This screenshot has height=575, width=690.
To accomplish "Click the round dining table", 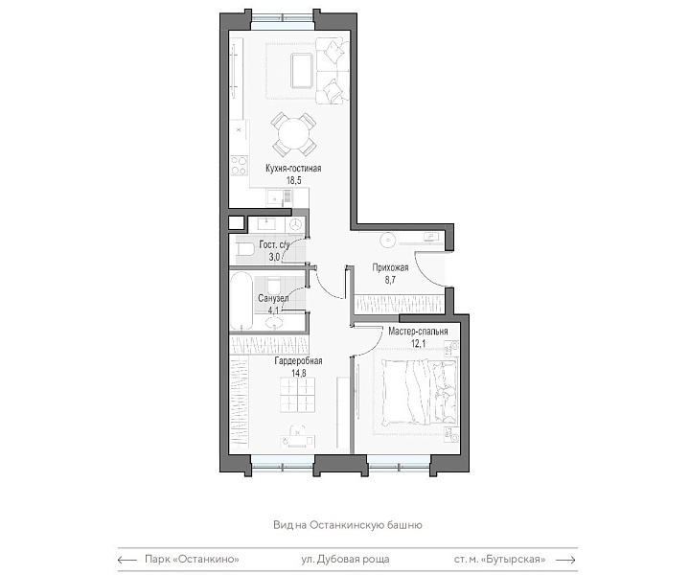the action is tap(293, 134).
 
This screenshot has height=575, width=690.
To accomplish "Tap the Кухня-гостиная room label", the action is tap(293, 168).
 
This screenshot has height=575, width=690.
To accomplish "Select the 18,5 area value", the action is tap(293, 180).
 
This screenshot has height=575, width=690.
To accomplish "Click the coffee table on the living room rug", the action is tap(302, 70).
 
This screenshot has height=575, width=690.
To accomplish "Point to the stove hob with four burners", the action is tap(239, 166).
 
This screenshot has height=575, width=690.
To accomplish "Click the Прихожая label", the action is tap(390, 267).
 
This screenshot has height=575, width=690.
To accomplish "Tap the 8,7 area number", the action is tap(390, 280).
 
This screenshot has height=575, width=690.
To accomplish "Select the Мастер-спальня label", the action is tap(418, 331).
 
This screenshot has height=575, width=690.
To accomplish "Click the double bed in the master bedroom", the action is tap(420, 392).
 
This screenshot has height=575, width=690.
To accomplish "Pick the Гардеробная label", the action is tap(298, 360).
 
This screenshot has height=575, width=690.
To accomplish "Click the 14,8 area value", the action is tap(298, 373).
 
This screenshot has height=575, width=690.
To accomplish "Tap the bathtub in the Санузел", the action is tap(241, 301).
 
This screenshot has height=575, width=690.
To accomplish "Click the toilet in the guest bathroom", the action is tap(245, 249).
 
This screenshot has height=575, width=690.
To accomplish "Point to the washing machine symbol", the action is tap(296, 224).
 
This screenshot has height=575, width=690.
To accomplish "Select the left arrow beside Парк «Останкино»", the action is tap(127, 560).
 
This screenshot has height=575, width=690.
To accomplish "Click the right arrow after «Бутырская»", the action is tap(565, 560).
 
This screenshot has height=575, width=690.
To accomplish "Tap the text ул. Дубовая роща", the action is tap(345, 559).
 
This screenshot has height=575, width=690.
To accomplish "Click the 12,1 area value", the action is tap(418, 343).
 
